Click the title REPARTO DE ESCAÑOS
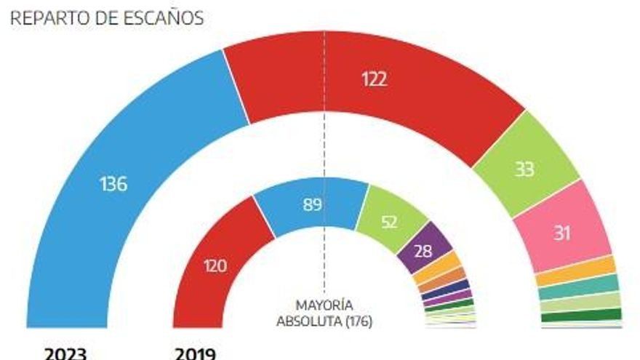pyautogui.click(x=106, y=18)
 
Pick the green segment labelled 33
pyautogui.click(x=525, y=167)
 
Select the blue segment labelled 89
pyautogui.click(x=312, y=204)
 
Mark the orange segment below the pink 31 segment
pyautogui.click(x=575, y=271)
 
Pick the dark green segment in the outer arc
pyautogui.click(x=581, y=316)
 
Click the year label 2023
pyautogui.click(x=65, y=353)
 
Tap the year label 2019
pyautogui.click(x=195, y=353)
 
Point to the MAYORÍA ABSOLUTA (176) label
pyautogui.click(x=324, y=313)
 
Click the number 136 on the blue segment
pyautogui.click(x=113, y=184)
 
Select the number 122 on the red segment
pyautogui.click(x=375, y=79)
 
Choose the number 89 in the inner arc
pyautogui.click(x=312, y=204)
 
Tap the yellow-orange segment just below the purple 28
pyautogui.click(x=438, y=268)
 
